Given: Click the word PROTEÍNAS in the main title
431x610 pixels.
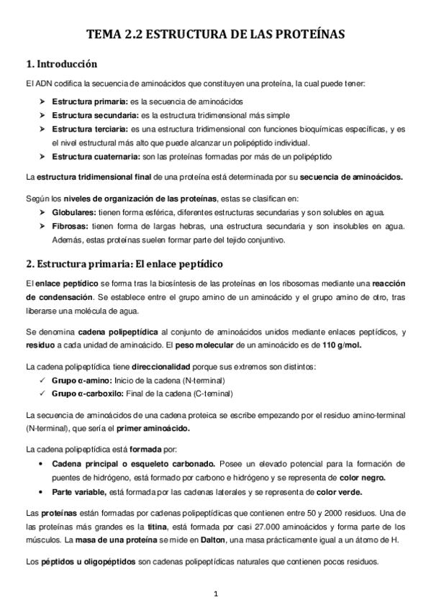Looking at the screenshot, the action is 305,34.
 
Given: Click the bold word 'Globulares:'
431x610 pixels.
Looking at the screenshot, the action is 74,212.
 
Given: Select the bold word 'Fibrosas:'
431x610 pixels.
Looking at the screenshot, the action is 70,226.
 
